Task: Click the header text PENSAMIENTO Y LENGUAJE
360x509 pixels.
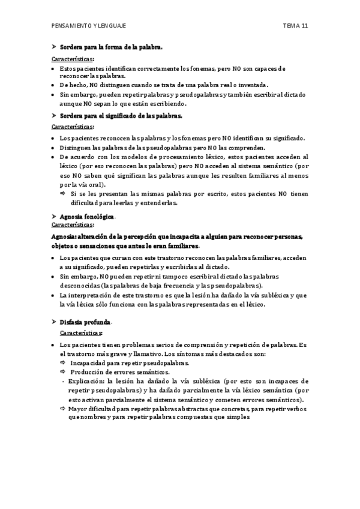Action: click(89, 26)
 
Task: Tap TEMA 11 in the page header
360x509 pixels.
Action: click(296, 26)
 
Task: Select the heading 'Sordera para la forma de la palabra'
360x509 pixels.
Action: click(110, 47)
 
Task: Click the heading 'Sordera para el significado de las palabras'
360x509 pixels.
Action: click(121, 115)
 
